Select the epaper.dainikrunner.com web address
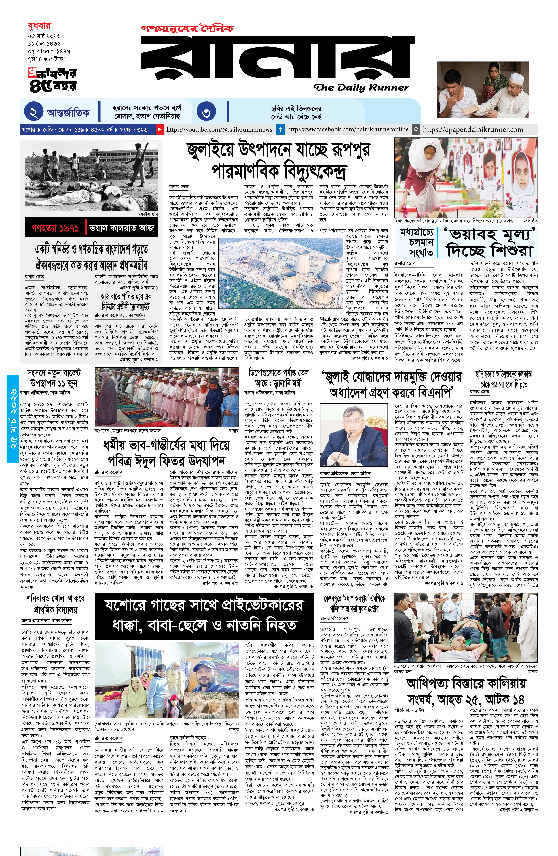tap(473, 129)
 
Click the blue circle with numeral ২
tap(33, 112)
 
